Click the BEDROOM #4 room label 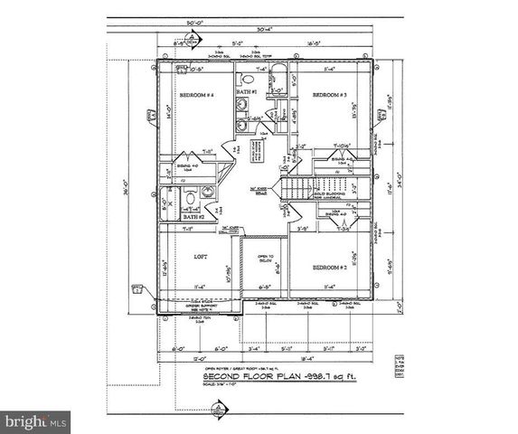pos(196,95)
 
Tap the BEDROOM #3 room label pos(331,95)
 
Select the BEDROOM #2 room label pos(331,269)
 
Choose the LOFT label pos(202,257)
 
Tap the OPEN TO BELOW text pos(264,259)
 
